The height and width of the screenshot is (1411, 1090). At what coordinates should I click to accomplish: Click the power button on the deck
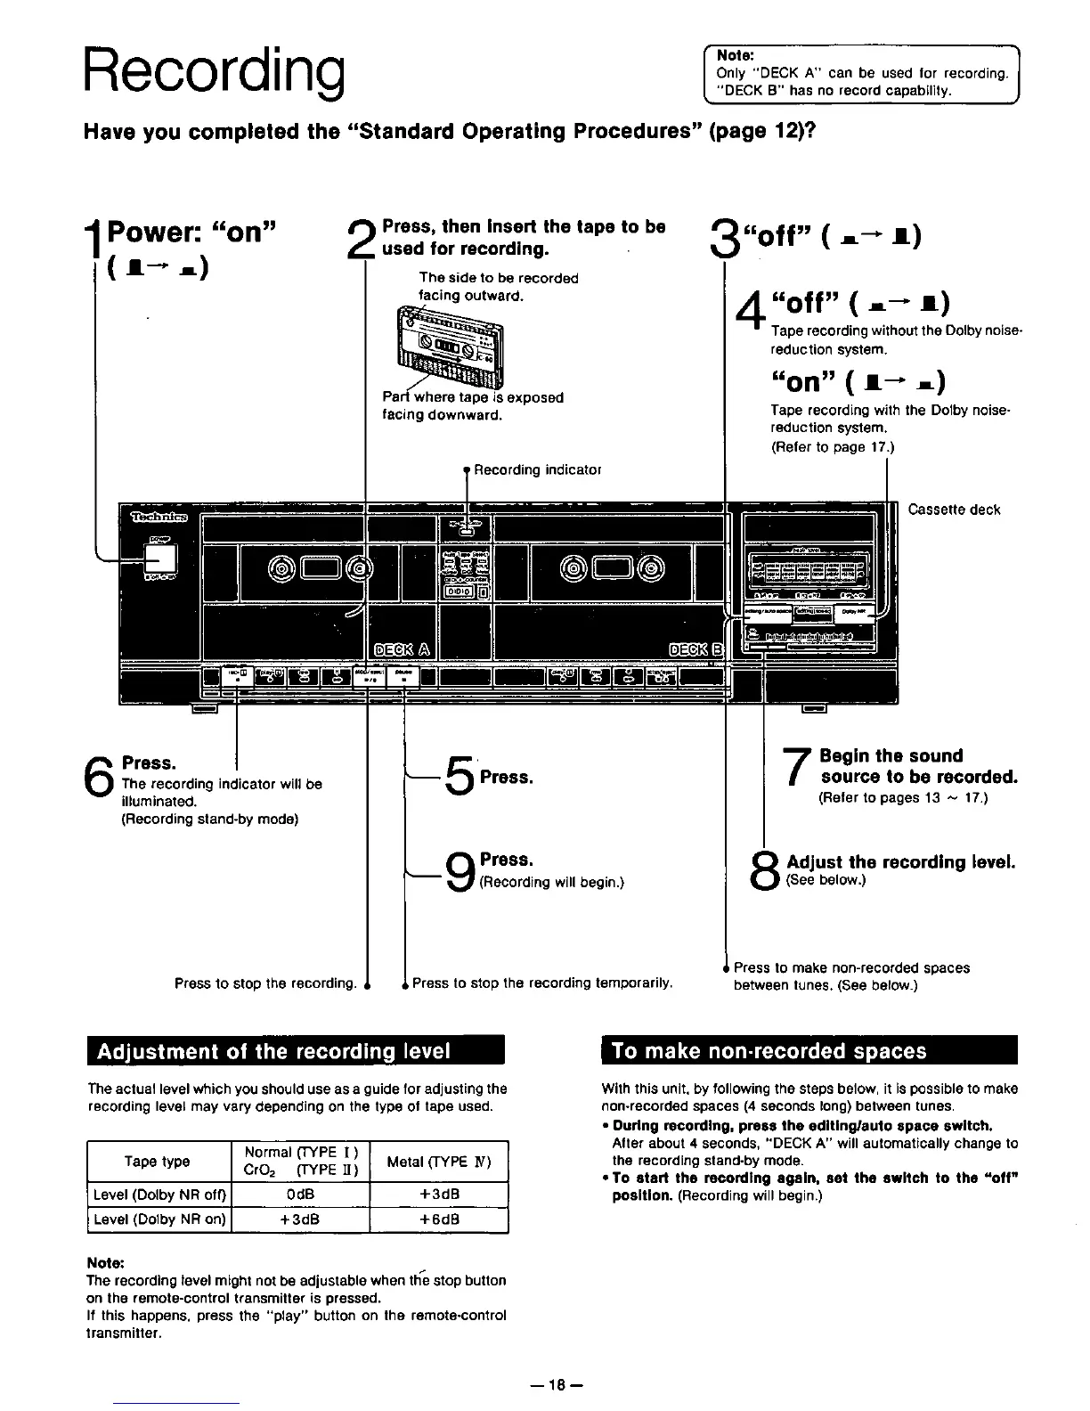(161, 559)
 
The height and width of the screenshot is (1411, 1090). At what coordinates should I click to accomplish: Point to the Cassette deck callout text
(954, 510)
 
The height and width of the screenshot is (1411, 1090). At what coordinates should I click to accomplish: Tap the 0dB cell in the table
(300, 1195)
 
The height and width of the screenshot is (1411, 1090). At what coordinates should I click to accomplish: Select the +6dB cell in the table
(438, 1219)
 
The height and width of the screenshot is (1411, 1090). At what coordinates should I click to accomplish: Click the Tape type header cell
(158, 1161)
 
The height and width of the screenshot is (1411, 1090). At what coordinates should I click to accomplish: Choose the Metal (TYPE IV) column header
(438, 1161)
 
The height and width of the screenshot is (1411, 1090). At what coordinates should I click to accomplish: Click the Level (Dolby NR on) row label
(159, 1219)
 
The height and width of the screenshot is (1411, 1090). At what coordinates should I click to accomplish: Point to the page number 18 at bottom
(557, 1384)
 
